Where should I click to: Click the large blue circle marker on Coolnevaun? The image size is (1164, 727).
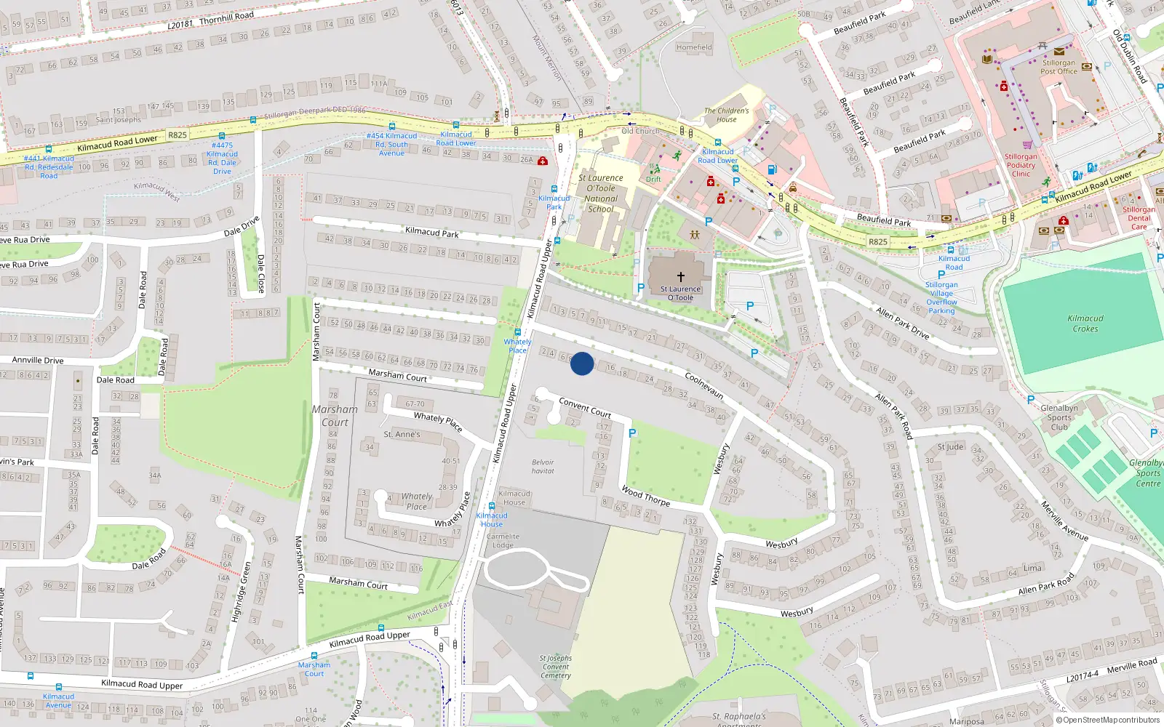[x=582, y=363]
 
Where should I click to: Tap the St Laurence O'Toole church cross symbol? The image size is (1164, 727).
[x=681, y=277]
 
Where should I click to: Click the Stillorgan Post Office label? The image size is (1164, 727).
[x=1059, y=67]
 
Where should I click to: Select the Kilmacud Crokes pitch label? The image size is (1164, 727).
[x=1085, y=324]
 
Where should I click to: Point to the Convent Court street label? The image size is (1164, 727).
[x=585, y=407]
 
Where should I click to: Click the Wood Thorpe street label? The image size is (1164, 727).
[x=645, y=496]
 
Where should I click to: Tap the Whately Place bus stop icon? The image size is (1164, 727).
[x=518, y=332]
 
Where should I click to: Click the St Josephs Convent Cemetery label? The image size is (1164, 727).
[x=556, y=667]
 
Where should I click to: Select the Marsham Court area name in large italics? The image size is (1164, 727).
[x=335, y=416]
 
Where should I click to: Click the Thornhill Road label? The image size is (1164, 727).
[x=226, y=17]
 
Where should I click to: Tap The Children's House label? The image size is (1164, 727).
[x=726, y=115]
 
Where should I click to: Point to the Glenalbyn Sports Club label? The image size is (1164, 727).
[x=1059, y=417]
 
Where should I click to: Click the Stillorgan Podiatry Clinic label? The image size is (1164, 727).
[x=1021, y=165]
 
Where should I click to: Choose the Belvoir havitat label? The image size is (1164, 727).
[x=543, y=466]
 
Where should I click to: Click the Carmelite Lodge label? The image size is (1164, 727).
[x=503, y=540]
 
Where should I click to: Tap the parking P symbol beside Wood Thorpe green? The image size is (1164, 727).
[x=632, y=433]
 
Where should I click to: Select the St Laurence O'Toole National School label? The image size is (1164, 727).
[x=601, y=193]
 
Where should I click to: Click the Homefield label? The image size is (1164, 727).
[x=694, y=47]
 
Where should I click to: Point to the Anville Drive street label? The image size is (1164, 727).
[x=38, y=360]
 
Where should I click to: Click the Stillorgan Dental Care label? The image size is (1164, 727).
[x=1139, y=218]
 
